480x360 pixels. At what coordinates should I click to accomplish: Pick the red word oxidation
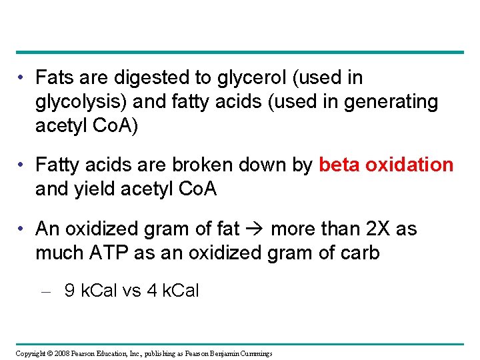click(411, 165)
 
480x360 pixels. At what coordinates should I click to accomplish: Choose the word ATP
click(105, 253)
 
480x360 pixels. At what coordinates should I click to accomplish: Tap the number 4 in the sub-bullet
click(151, 291)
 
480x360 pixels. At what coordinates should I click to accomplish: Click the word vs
click(131, 291)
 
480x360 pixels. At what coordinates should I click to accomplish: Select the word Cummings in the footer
click(254, 353)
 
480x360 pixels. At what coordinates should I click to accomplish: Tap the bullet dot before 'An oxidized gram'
click(23, 229)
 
